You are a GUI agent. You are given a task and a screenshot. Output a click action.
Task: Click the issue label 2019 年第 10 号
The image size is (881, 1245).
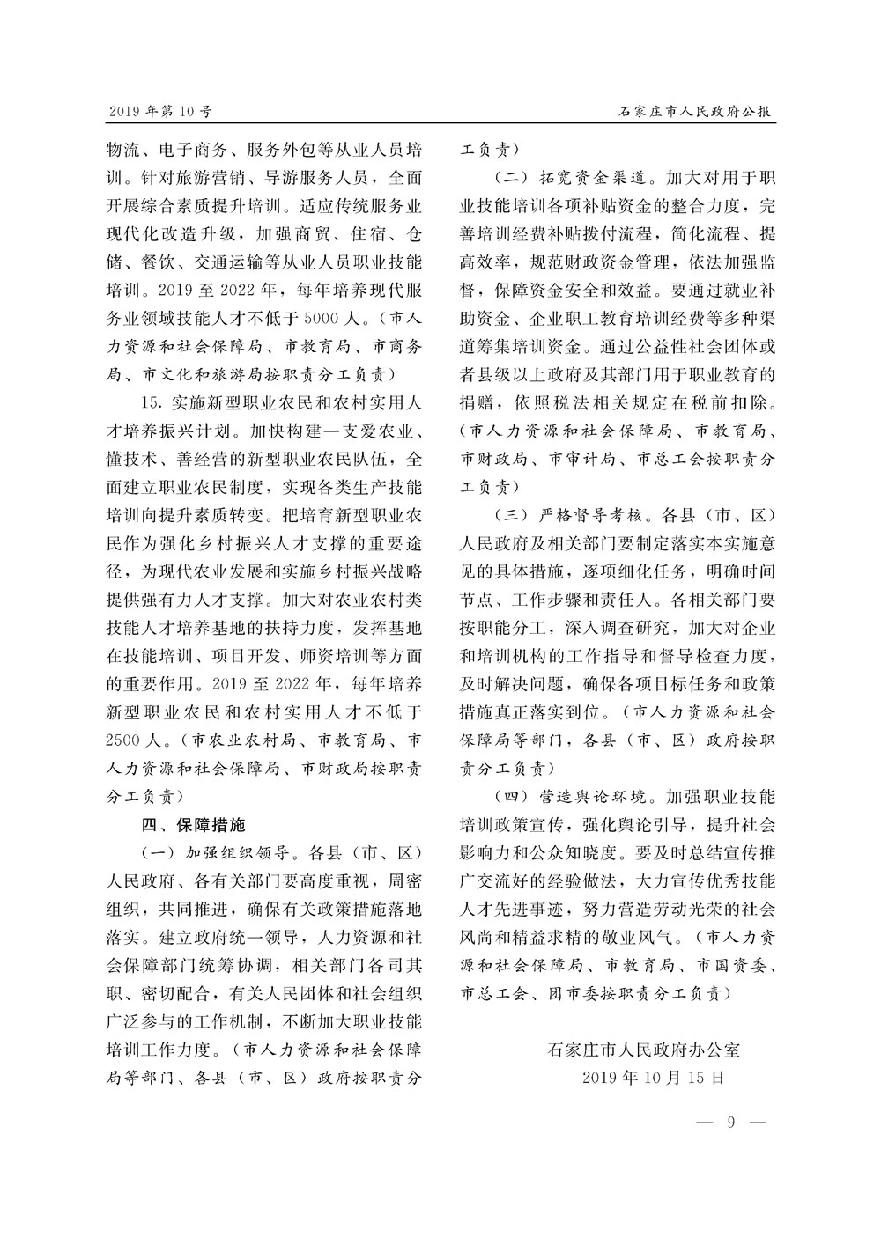point(160,112)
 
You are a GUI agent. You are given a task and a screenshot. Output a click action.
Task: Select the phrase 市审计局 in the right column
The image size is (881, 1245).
point(578,460)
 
